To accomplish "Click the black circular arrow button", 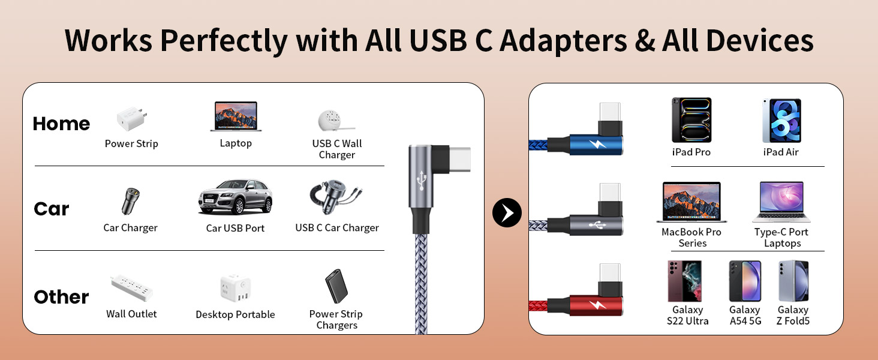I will (x=507, y=212).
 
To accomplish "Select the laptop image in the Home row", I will (x=236, y=116).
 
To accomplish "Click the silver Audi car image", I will (x=235, y=196).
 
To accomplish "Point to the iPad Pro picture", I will (x=691, y=120).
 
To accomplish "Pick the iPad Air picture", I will (x=781, y=120).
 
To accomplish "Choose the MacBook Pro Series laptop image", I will (x=691, y=202).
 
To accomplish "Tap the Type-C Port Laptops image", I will (x=781, y=202).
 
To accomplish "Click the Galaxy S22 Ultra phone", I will (x=685, y=281).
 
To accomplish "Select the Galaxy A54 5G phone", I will (x=745, y=281).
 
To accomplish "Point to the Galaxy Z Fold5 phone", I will (x=793, y=281).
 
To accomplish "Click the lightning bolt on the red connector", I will (x=597, y=305).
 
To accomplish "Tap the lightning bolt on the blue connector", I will (x=597, y=145).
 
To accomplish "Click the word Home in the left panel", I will (x=61, y=124).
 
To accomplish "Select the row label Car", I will (x=52, y=209).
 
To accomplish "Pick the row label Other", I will (x=61, y=297).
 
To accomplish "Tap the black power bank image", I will (x=336, y=287).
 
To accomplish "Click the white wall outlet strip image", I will (x=131, y=287).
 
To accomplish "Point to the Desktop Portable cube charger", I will (x=235, y=289).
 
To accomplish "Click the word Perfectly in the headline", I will (x=224, y=41).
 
